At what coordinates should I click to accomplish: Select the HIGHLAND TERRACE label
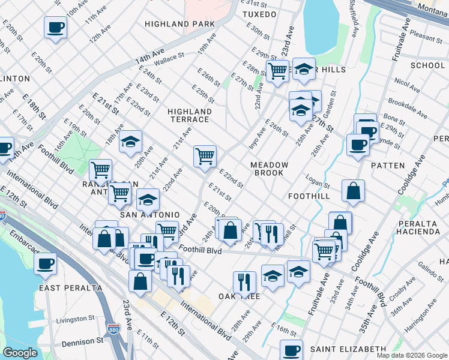190,115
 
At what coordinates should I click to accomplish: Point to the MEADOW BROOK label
270,169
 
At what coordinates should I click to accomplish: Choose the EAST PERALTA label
71,288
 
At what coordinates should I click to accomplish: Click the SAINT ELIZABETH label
348,349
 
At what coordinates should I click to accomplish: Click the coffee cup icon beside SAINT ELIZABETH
292,350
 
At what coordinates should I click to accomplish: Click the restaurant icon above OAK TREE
244,281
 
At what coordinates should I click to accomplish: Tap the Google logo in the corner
20,353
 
